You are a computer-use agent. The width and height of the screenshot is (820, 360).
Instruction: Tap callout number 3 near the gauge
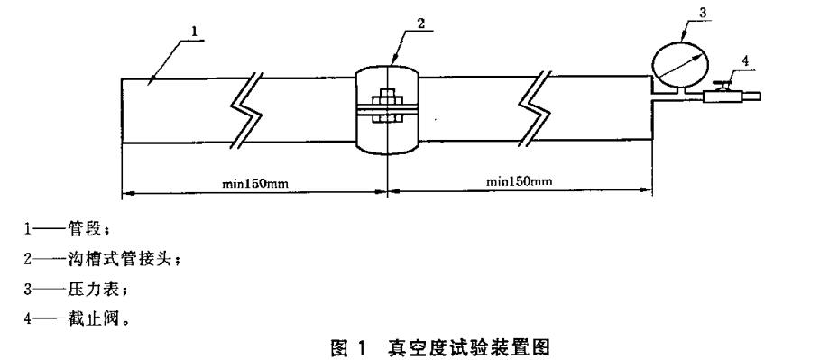click(702, 13)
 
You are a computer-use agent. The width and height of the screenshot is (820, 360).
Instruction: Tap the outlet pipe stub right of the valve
click(751, 96)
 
